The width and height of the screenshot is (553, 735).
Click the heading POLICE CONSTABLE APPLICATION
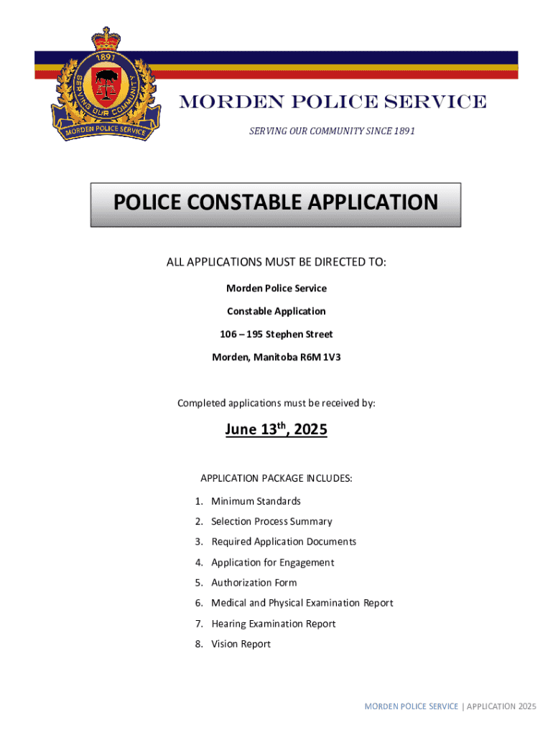click(x=276, y=203)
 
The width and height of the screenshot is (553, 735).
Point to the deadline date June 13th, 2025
click(x=276, y=430)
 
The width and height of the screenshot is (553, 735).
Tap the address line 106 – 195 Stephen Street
click(x=276, y=334)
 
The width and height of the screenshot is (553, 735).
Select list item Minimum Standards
click(x=256, y=501)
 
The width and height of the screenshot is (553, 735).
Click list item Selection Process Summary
click(x=271, y=522)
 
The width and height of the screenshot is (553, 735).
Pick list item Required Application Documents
click(x=284, y=542)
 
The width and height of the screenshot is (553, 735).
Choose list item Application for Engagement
click(x=273, y=563)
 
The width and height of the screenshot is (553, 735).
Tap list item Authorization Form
click(x=254, y=583)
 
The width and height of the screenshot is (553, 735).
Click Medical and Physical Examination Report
click(x=302, y=603)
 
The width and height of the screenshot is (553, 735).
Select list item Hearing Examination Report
click(x=274, y=624)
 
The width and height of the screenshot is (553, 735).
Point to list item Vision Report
click(x=241, y=644)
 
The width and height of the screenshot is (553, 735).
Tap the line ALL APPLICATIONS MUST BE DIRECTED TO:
click(x=276, y=263)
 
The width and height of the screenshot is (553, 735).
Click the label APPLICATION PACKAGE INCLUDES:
click(x=276, y=478)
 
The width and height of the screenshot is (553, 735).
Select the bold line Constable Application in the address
click(x=276, y=312)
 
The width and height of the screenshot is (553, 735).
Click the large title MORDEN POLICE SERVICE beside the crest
click(x=333, y=103)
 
